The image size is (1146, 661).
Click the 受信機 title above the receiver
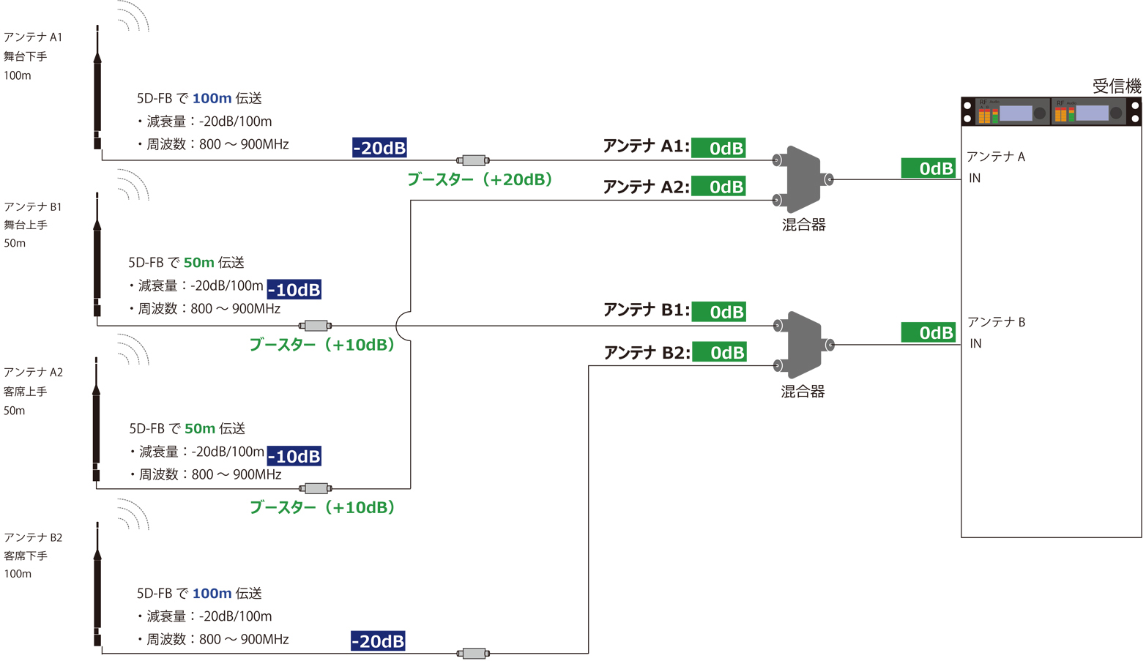coord(1116,86)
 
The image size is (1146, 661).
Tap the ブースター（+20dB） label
coord(480,179)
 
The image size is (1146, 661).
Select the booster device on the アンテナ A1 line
coord(473,160)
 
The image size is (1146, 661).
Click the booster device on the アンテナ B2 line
coord(473,653)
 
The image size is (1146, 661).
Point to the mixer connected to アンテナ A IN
coord(803,179)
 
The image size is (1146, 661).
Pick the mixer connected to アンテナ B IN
coord(803,345)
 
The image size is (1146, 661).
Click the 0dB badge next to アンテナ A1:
coord(718,148)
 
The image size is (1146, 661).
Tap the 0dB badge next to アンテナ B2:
coord(718,352)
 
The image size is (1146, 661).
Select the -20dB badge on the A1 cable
coord(379,148)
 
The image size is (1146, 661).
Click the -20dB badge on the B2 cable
coord(378,641)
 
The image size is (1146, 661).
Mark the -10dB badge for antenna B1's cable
coord(294,289)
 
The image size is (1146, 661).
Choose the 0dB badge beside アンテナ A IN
coord(928,168)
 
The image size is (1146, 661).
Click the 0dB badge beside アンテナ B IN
coord(928,332)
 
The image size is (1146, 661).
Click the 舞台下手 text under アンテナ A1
coord(26,56)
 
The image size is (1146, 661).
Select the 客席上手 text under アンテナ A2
coord(26,392)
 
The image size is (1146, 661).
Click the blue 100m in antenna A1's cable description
coord(212,98)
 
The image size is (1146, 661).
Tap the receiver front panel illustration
coord(1051,112)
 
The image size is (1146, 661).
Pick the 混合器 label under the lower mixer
coord(803,392)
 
